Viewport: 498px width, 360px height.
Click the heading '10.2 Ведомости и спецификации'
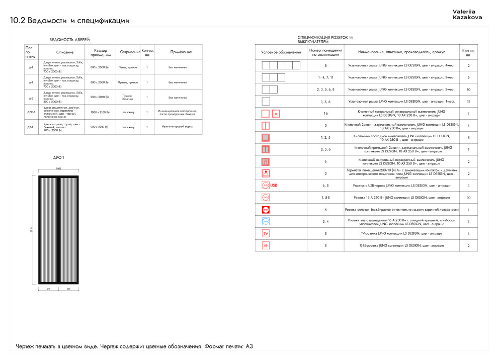pos(70,21)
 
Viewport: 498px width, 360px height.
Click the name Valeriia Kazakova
pos(467,14)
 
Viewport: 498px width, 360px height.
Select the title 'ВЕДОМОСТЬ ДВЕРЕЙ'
pos(69,39)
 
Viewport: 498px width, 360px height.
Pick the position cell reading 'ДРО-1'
pos(31,112)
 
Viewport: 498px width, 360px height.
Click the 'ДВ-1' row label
pos(31,127)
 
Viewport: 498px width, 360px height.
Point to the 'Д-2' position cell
pos(31,98)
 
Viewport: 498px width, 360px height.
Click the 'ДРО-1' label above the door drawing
pos(58,158)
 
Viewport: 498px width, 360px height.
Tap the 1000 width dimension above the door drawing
pos(58,168)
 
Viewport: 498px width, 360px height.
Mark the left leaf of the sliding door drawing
pos(49,230)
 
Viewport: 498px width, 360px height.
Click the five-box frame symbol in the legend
pos(281,65)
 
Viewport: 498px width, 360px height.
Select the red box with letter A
pos(275,114)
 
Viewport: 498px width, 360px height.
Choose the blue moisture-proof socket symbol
pos(266,221)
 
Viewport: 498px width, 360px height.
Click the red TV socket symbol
pos(266,233)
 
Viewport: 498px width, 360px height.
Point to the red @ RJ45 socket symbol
pos(266,245)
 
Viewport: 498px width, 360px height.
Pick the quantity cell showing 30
pos(468,197)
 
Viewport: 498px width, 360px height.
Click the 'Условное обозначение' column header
pos(281,52)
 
